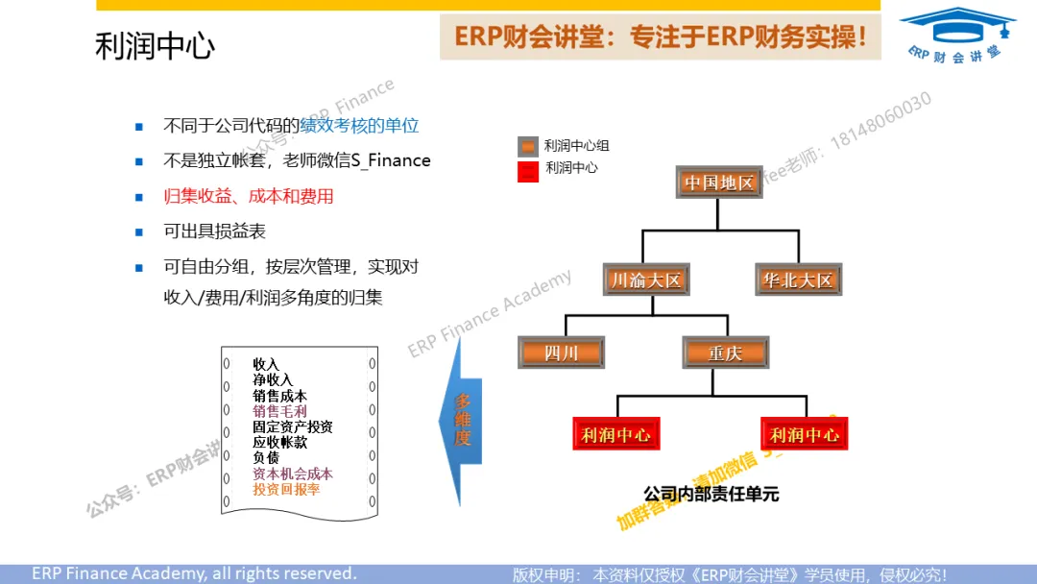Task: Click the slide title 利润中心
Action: coord(155,46)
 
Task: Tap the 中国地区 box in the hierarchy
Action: coord(719,182)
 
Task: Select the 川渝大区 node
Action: coord(646,280)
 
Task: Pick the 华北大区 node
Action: coord(798,280)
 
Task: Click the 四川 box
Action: coord(561,353)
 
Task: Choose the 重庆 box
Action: coord(726,353)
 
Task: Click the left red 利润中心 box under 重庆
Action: coord(615,434)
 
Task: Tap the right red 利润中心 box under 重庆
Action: coord(805,434)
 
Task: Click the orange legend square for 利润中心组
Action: coord(527,147)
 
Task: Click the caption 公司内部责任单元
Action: coord(711,494)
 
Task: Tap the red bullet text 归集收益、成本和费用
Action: coord(249,196)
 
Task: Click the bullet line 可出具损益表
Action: coord(215,231)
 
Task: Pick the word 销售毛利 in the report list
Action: coord(279,411)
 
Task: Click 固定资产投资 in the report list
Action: coord(292,426)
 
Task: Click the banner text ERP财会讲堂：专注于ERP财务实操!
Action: coord(661,37)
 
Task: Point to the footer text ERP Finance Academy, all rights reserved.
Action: coord(194,573)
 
